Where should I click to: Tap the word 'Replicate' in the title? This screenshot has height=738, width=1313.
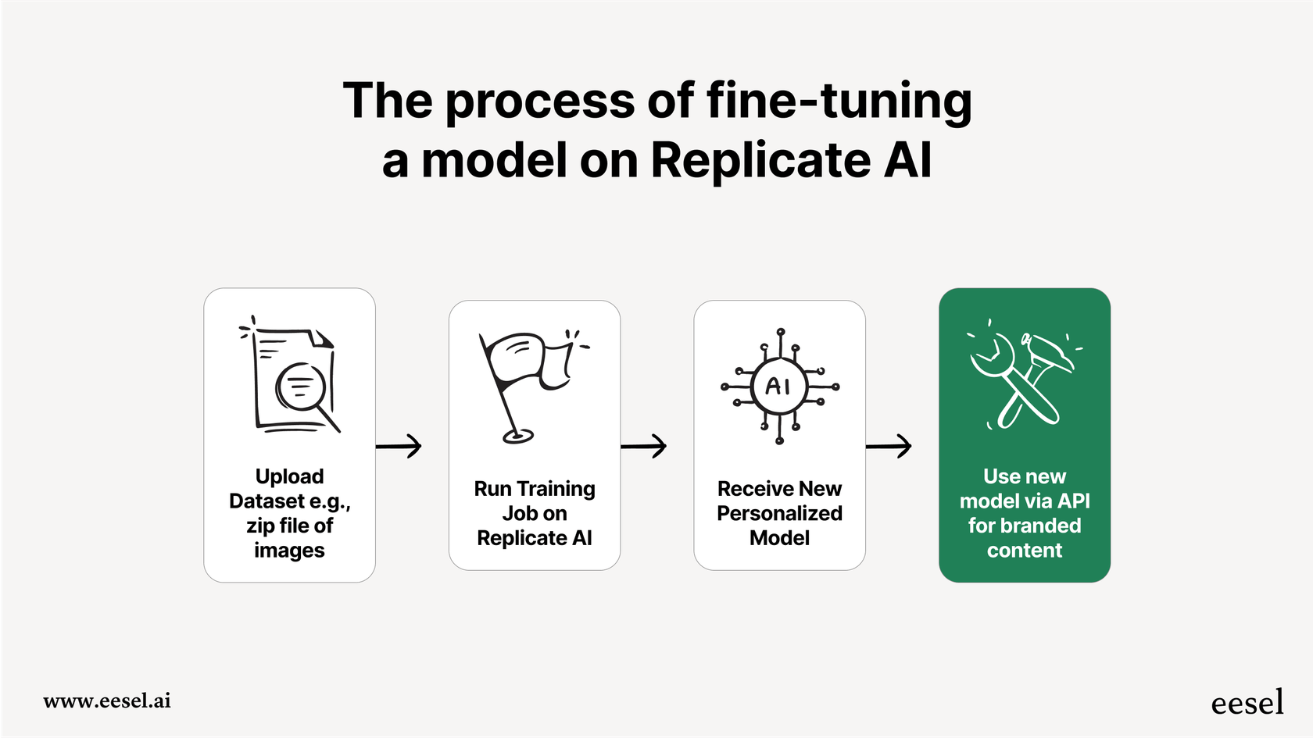[760, 161]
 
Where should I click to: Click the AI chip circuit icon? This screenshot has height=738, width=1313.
[779, 386]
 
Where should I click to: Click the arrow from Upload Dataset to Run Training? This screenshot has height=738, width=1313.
[399, 446]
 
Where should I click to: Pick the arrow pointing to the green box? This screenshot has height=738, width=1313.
[889, 446]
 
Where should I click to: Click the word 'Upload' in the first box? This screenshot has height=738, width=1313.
[289, 476]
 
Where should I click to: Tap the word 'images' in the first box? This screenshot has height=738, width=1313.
[289, 551]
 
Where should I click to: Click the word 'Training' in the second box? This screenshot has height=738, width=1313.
[556, 489]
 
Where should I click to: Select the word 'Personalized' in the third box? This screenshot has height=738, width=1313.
[779, 513]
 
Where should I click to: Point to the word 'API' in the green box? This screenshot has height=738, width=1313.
[1074, 501]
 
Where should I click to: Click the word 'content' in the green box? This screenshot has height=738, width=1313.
[1024, 551]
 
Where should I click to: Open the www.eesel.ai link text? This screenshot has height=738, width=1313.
[107, 701]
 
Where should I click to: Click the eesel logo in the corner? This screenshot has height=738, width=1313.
[1247, 703]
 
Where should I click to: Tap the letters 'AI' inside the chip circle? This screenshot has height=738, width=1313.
[778, 386]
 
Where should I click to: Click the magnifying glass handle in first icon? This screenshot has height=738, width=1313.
[328, 420]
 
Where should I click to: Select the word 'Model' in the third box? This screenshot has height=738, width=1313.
[779, 538]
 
